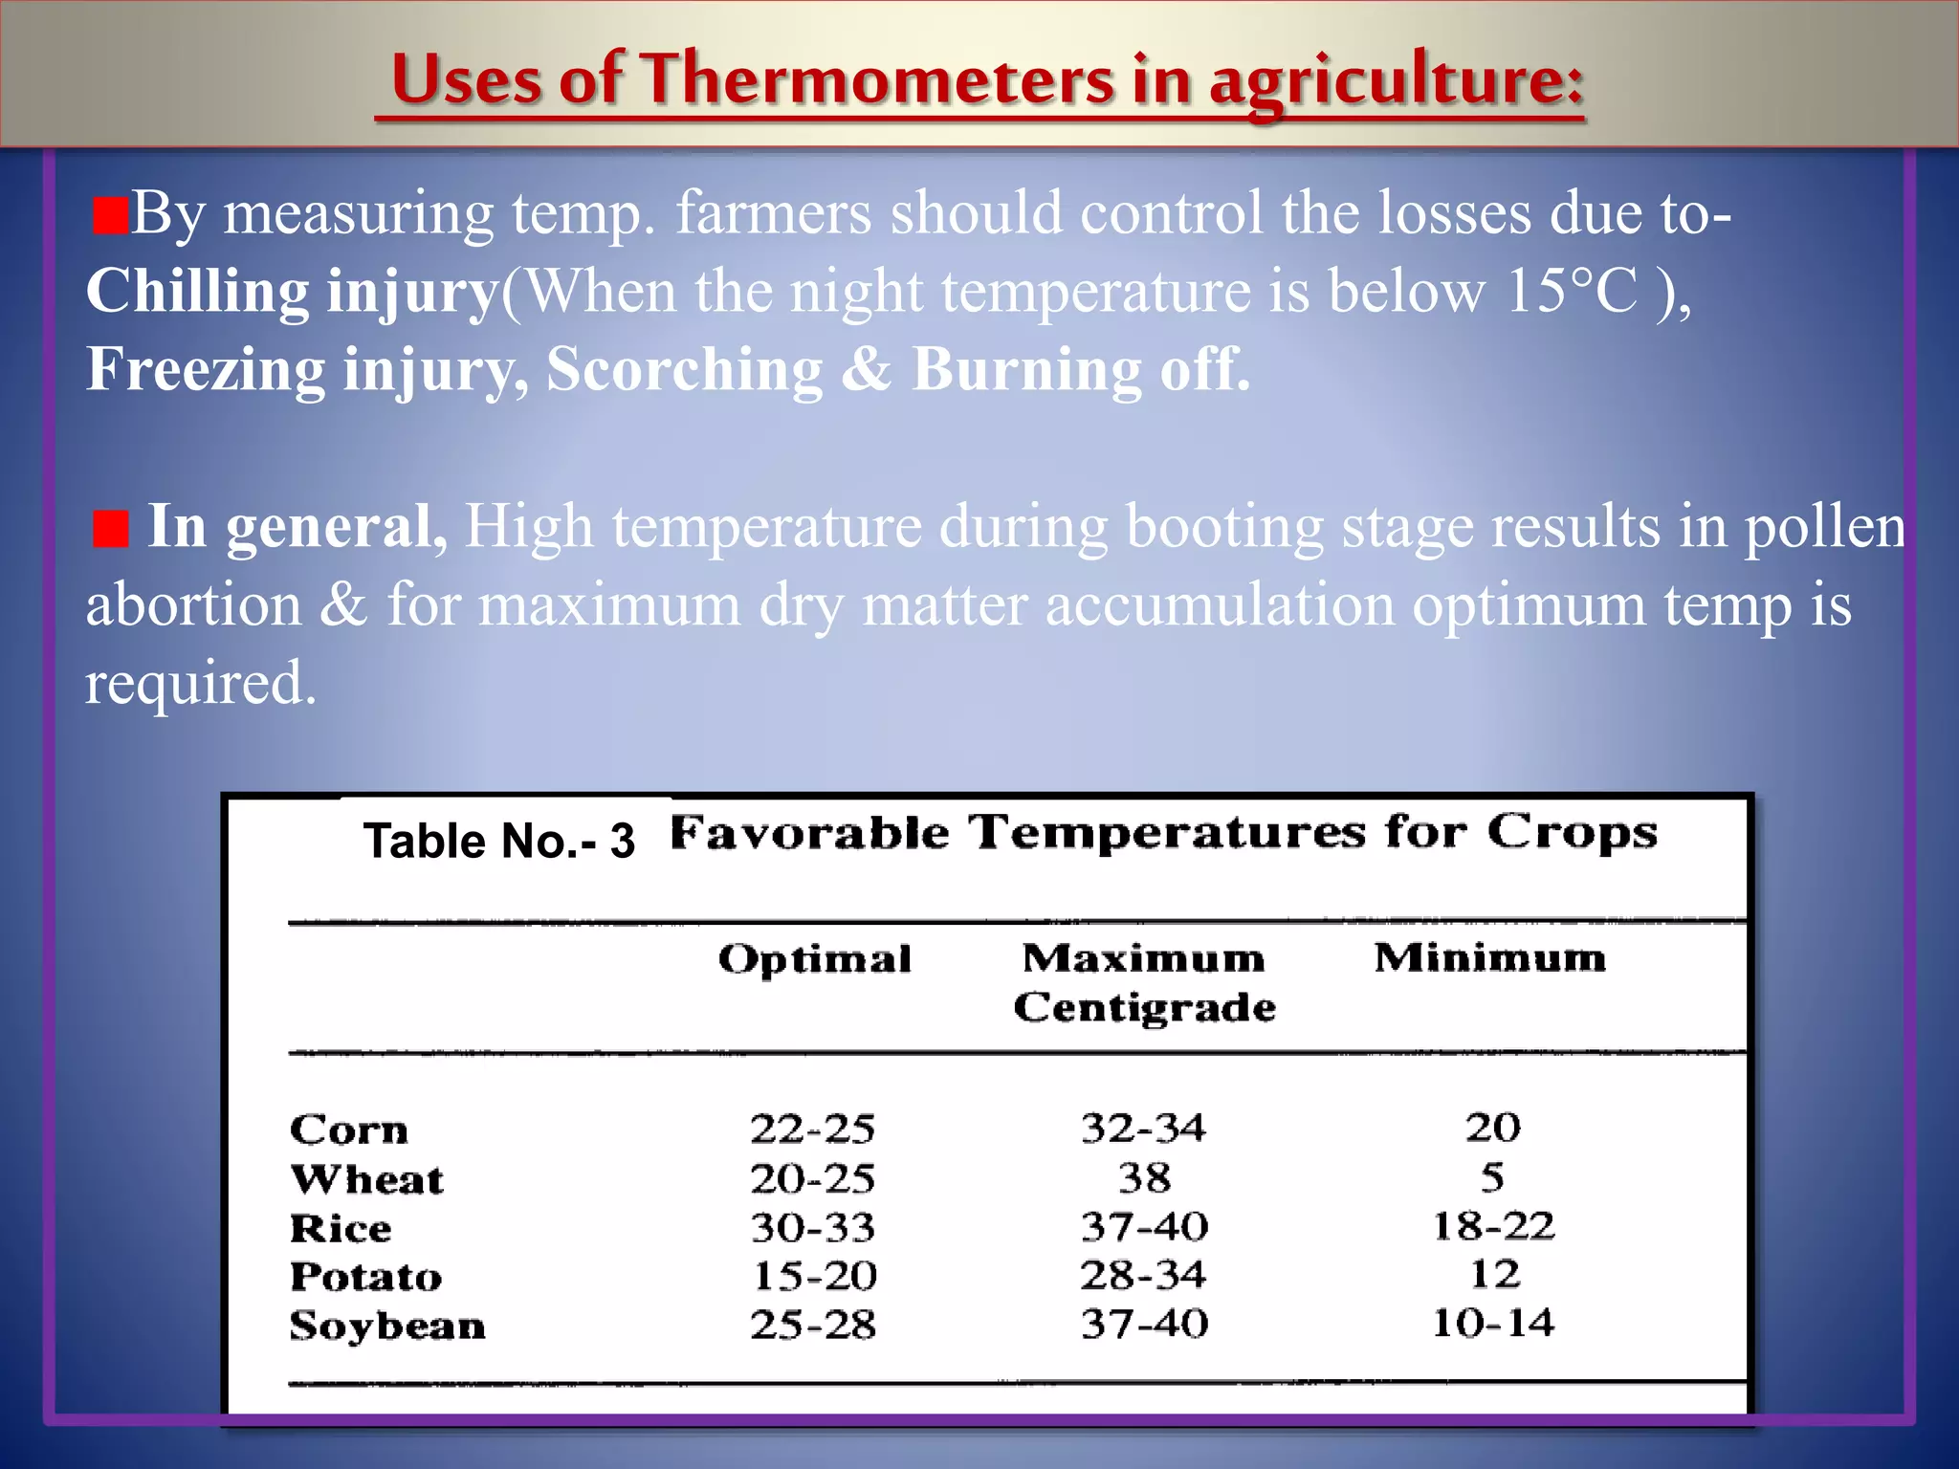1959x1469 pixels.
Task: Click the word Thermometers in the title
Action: pyautogui.click(x=877, y=78)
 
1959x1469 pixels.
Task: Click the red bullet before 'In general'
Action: pyautogui.click(x=111, y=529)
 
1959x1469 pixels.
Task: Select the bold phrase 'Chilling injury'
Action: pyautogui.click(x=292, y=292)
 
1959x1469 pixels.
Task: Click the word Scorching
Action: pyautogui.click(x=684, y=370)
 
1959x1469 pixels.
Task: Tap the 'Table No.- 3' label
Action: pyautogui.click(x=498, y=842)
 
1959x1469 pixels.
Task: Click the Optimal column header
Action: pyautogui.click(x=815, y=959)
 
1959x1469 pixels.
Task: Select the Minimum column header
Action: pyautogui.click(x=1490, y=957)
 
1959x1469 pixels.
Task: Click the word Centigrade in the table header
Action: pyautogui.click(x=1145, y=1008)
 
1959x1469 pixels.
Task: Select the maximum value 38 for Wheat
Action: pyautogui.click(x=1145, y=1178)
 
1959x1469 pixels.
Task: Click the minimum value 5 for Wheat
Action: pyautogui.click(x=1492, y=1177)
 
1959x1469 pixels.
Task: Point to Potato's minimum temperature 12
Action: pyautogui.click(x=1494, y=1275)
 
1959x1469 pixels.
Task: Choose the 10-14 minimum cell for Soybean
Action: pyautogui.click(x=1493, y=1324)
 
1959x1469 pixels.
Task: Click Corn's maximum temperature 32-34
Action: pyautogui.click(x=1144, y=1129)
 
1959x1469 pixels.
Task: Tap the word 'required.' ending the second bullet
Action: pyautogui.click(x=200, y=685)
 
